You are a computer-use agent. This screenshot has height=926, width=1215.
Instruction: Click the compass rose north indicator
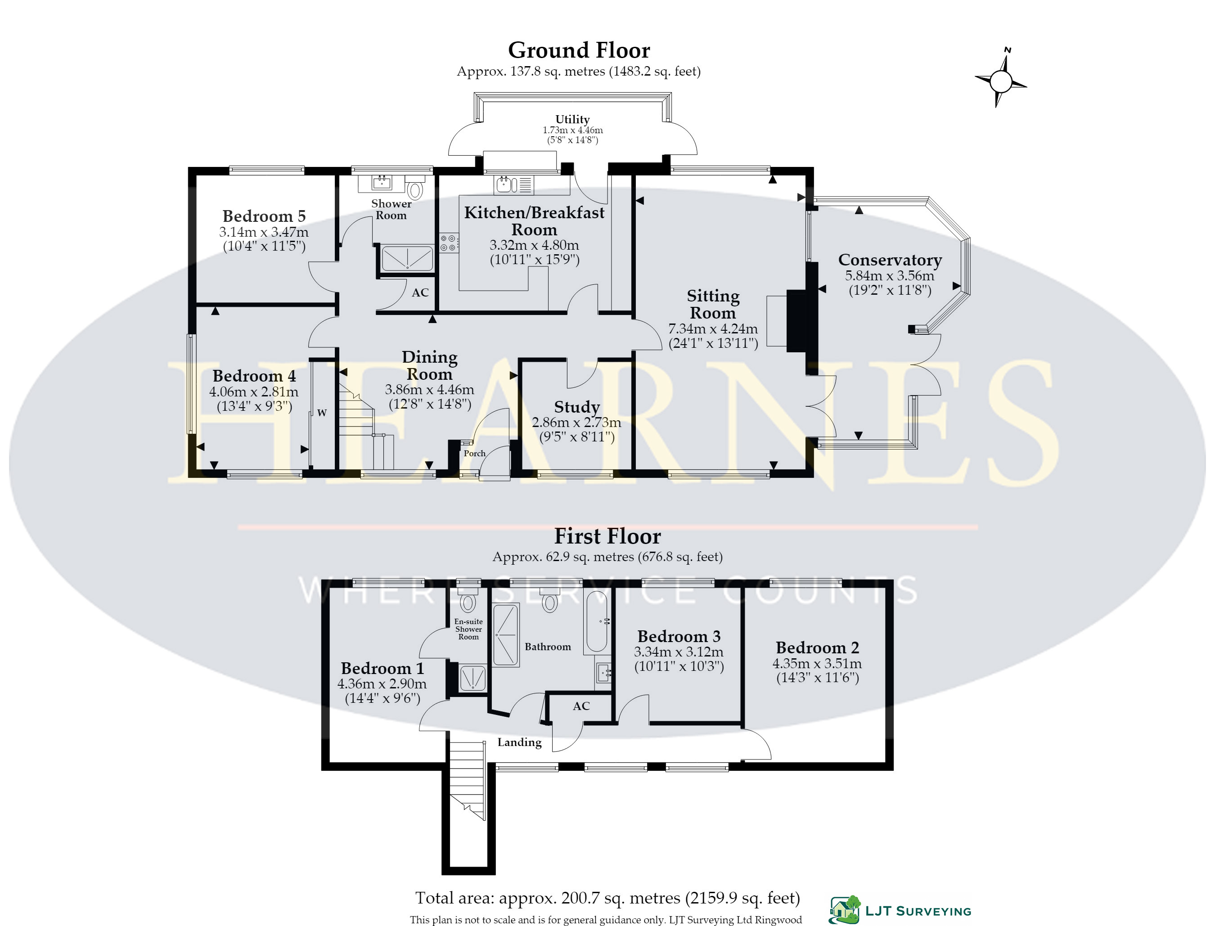point(1000,78)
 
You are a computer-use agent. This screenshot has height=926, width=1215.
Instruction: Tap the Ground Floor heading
point(579,50)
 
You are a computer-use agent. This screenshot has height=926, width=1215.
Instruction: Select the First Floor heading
point(607,536)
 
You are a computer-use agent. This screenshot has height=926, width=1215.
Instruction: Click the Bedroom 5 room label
point(264,216)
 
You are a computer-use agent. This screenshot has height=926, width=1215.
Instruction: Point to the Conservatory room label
point(890,260)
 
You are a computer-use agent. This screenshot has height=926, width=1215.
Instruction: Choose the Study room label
point(576,407)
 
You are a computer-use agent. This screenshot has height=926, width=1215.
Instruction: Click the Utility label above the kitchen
point(572,119)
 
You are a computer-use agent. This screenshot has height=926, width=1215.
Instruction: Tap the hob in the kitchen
point(449,243)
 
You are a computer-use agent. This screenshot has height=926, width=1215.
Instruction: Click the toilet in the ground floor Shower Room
point(415,188)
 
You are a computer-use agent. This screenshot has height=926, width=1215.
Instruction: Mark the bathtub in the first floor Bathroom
point(596,622)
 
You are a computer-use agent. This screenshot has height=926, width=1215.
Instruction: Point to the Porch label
point(474,453)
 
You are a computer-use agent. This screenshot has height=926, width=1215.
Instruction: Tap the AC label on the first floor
point(581,706)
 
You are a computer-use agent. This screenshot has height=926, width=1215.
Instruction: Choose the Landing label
point(519,742)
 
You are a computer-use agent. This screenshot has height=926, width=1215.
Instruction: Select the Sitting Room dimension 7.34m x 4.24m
point(713,328)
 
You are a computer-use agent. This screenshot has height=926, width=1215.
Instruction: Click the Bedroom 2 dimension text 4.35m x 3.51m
point(817,663)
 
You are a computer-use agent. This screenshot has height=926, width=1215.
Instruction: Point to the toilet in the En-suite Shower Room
point(468,601)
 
